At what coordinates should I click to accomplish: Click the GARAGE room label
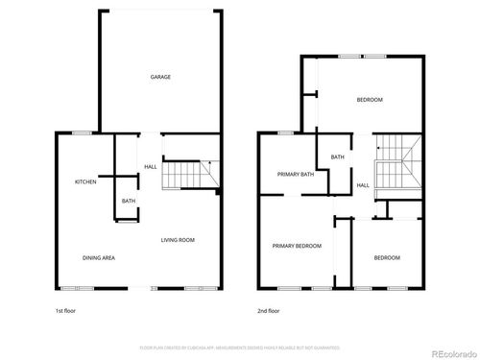[x=160, y=77]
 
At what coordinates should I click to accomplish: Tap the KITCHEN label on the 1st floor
[x=86, y=181]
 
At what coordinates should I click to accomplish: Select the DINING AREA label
[x=99, y=257]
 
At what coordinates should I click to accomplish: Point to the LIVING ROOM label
[x=178, y=240]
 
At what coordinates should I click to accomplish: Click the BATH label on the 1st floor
[x=128, y=201]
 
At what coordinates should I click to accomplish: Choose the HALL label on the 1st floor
[x=151, y=168]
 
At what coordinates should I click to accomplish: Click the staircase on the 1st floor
[x=188, y=176]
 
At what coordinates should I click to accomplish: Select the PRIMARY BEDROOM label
[x=297, y=247]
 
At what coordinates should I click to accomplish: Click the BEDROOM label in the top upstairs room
[x=370, y=100]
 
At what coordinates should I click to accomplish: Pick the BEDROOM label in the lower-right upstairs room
[x=387, y=257]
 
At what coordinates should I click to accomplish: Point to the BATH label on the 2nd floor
[x=338, y=157]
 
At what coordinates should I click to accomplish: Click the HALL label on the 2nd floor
[x=363, y=185]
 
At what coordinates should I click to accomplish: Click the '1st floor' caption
[x=67, y=311]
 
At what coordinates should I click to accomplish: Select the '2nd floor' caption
[x=269, y=311]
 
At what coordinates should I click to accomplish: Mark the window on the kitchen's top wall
[x=82, y=132]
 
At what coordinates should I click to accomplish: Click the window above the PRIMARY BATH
[x=285, y=132]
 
